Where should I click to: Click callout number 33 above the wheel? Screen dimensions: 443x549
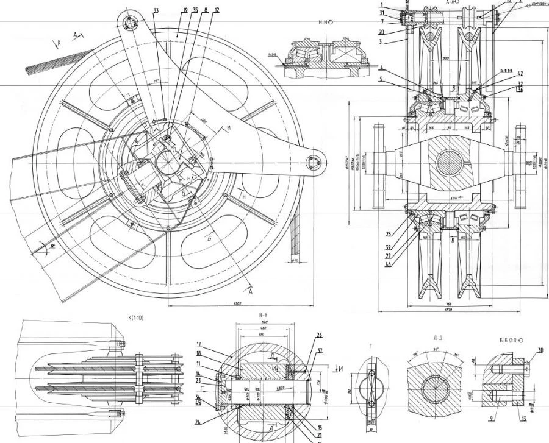(x=156, y=11)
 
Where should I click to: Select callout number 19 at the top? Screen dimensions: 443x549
(x=185, y=11)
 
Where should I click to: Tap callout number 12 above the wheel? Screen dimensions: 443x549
(x=217, y=10)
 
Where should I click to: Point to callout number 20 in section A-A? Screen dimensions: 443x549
(x=381, y=32)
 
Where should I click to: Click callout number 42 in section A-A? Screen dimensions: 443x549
(x=520, y=73)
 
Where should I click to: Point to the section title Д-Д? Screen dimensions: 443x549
(x=437, y=336)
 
